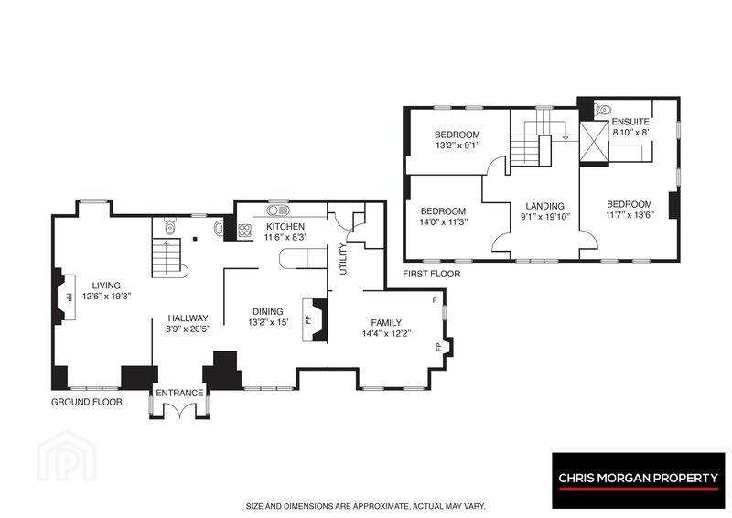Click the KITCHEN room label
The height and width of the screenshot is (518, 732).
285,227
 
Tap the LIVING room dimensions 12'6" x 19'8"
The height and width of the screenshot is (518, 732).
106,296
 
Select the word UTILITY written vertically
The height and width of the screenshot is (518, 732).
344,259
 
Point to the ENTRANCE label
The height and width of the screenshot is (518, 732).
179,393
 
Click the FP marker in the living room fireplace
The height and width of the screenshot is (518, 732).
70,297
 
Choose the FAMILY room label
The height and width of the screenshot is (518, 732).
386,323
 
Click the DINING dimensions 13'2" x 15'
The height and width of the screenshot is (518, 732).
268,322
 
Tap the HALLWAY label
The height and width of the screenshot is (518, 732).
188,318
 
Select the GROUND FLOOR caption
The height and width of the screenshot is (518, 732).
87,402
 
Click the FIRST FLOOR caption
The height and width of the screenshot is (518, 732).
431,274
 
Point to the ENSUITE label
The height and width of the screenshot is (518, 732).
630,122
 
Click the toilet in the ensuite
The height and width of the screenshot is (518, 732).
603,110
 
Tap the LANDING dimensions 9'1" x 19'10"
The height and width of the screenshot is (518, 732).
544,216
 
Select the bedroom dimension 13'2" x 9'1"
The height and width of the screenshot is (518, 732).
457,146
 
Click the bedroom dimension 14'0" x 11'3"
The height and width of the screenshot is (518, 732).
443,221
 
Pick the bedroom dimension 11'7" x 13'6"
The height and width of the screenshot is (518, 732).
630,214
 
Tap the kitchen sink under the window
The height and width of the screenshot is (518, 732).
278,210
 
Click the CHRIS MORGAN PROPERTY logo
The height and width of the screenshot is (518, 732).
639,480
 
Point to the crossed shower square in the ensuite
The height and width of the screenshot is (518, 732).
594,142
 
